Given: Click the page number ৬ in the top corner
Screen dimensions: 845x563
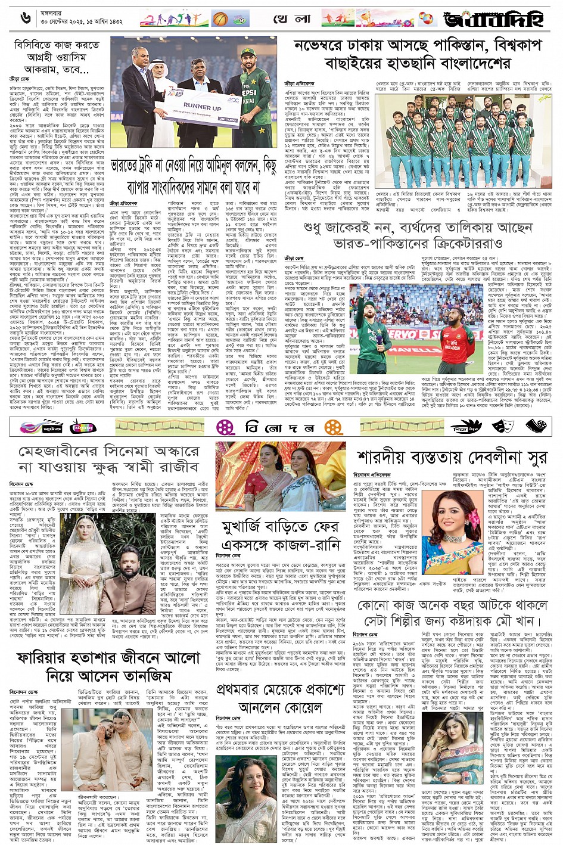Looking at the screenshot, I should point(24,17).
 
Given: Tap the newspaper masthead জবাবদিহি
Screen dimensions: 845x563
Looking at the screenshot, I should point(494,18).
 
